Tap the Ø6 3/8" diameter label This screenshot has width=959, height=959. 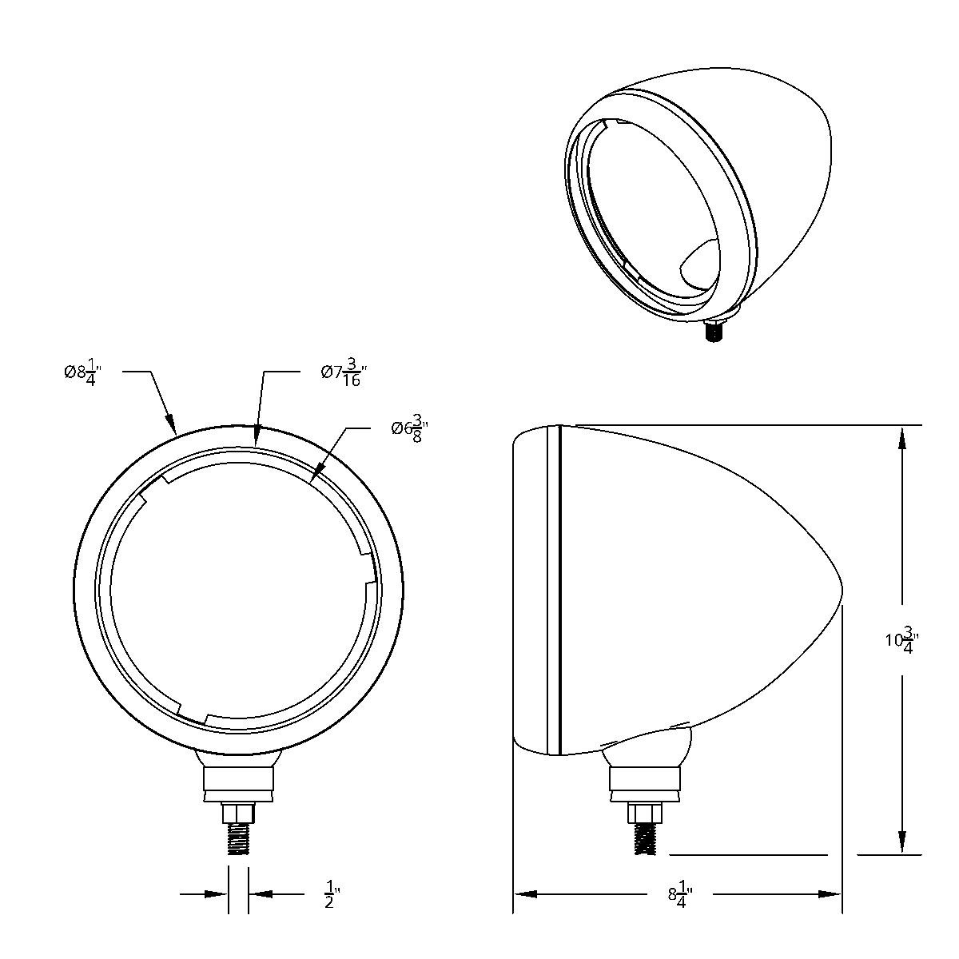tap(410, 429)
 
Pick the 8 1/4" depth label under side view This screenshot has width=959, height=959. tap(678, 894)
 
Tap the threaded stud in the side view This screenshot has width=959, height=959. tap(646, 839)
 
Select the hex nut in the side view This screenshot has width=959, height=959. tap(646, 814)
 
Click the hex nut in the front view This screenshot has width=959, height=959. tap(239, 814)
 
